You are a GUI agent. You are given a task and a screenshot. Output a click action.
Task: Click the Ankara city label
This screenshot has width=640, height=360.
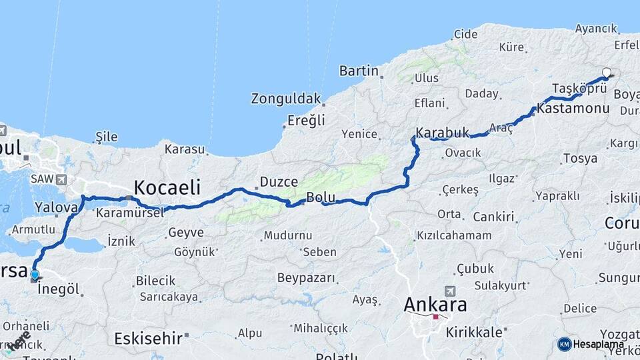(x=435, y=305)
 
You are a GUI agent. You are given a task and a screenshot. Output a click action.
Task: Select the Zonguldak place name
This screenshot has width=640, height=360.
(x=286, y=99)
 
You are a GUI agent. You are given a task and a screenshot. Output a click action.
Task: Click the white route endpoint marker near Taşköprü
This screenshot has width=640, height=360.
(x=606, y=73)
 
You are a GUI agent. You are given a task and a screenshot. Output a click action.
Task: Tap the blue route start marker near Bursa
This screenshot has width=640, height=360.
(x=35, y=275)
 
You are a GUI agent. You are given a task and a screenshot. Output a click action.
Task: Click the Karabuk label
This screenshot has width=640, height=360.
(x=442, y=132)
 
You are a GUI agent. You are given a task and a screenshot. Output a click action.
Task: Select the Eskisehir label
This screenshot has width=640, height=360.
(x=148, y=338)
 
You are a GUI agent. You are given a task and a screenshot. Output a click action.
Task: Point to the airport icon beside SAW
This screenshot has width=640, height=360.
(x=61, y=179)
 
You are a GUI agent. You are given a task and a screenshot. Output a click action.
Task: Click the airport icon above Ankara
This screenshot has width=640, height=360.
(x=449, y=291)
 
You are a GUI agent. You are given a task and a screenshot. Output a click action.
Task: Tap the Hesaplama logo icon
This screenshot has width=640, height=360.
(x=564, y=344)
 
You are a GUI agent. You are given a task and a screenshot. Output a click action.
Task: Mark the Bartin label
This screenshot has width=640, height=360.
(x=359, y=71)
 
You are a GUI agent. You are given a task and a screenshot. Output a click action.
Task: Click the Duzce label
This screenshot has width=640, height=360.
(x=273, y=181)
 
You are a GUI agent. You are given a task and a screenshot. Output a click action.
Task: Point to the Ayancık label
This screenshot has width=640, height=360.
(x=596, y=29)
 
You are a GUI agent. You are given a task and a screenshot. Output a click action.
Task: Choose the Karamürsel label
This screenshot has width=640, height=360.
(x=130, y=213)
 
